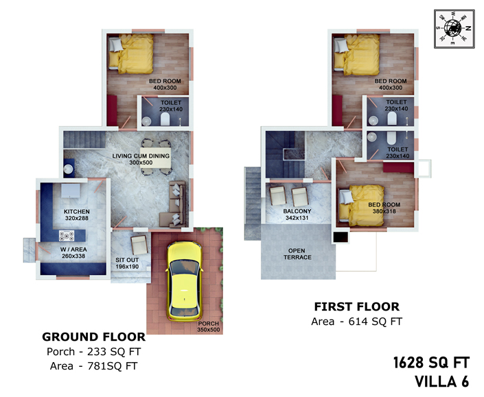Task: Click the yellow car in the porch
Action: pos(185,281)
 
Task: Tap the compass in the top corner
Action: pos(454,29)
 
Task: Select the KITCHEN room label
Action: pos(77,212)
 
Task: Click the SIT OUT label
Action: pos(127,260)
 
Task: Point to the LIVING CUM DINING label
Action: pos(141,156)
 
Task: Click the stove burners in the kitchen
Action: pos(67,236)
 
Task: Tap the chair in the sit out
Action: pos(139,245)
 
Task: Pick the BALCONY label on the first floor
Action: pos(297,211)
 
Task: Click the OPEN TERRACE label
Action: pos(297,254)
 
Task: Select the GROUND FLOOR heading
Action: pos(94,337)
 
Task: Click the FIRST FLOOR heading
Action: pos(357,306)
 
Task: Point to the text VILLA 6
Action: pos(442,382)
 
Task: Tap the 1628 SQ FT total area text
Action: pos(432,363)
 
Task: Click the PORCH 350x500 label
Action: pos(209,327)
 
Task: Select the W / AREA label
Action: pos(73,250)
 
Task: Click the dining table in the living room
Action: pos(156,158)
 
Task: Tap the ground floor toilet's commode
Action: pos(165,119)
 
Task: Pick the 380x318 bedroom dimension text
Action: pos(384,211)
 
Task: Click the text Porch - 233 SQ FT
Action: pos(94,352)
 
